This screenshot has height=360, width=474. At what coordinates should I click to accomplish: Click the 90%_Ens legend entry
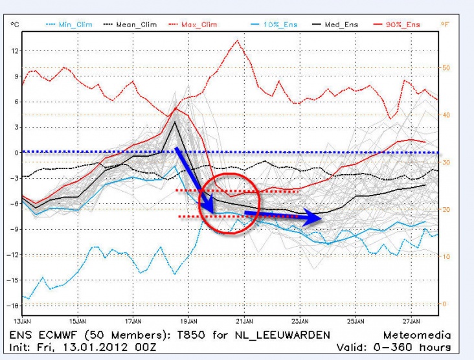click(403, 25)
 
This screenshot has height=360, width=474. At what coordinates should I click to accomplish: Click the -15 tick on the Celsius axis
click(13, 280)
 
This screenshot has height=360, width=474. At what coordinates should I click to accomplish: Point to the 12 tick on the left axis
click(14, 51)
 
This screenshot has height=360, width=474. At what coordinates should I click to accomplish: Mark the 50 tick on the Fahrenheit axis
click(445, 67)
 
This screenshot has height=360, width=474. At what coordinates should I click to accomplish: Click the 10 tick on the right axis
click(445, 257)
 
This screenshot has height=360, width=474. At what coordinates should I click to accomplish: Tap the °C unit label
click(14, 25)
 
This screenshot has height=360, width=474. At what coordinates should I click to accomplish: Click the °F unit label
click(445, 25)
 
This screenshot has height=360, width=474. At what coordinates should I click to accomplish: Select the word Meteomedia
click(415, 334)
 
